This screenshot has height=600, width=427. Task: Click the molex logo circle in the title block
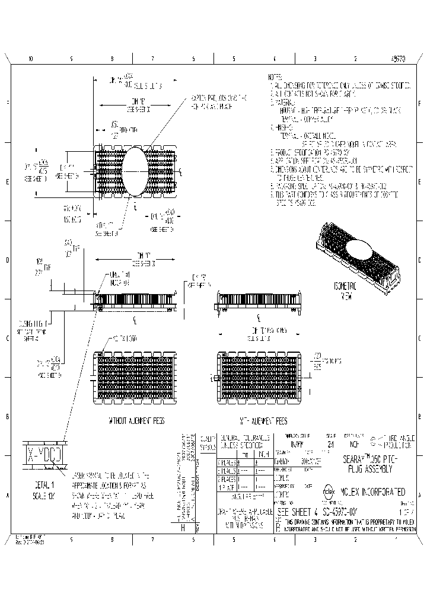point(327,492)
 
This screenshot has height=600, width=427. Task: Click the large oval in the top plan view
point(135,172)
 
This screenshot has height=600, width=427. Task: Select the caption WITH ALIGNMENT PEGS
point(262,420)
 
